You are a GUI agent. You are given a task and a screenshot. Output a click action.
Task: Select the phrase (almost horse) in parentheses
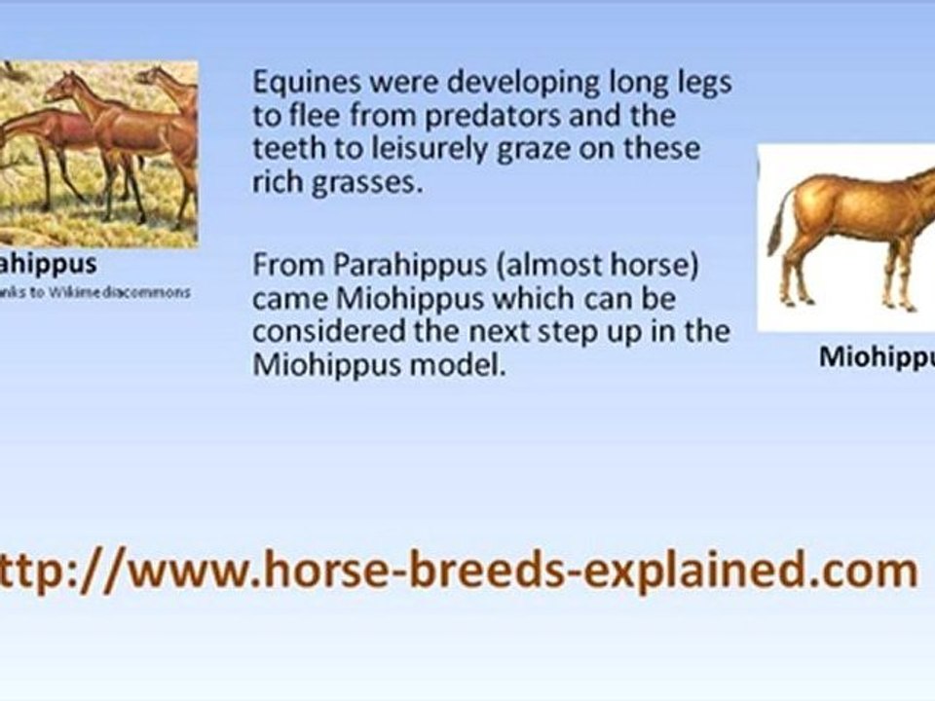(600, 265)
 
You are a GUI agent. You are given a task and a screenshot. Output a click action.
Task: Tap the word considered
(332, 332)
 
